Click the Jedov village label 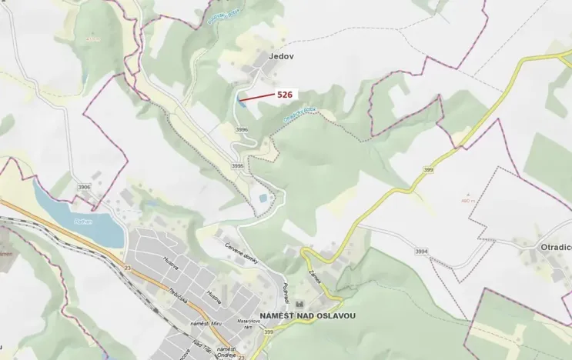point(282,56)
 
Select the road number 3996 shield point(242,129)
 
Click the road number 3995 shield point(237,165)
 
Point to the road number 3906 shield point(84,187)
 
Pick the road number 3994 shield point(420,252)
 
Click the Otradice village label point(555,248)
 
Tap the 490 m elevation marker point(465,202)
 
